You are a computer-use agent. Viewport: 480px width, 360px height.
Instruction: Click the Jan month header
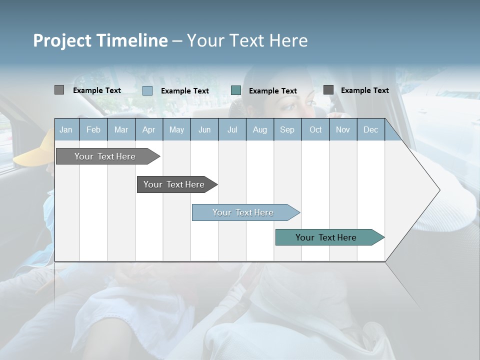66,130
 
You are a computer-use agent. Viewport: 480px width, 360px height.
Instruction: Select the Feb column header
93,130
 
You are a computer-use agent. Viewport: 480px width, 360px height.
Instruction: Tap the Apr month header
148,130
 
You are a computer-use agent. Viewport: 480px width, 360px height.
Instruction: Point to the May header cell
176,130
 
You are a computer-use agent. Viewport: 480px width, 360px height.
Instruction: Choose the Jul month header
232,130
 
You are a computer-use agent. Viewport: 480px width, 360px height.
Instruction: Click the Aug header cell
259,130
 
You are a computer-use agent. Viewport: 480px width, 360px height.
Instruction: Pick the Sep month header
287,130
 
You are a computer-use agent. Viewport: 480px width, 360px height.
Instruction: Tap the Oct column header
315,130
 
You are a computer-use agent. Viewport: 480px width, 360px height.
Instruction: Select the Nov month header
343,130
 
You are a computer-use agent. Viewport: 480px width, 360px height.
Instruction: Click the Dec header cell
370,130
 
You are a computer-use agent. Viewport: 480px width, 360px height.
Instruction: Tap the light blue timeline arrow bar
243,212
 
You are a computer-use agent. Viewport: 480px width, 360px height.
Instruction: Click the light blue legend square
147,90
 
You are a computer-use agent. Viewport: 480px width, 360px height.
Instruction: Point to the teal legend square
236,90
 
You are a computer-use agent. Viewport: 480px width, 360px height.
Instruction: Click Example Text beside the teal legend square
273,91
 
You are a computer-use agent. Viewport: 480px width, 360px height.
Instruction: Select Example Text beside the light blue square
185,91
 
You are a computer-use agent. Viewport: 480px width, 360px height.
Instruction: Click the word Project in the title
63,40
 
